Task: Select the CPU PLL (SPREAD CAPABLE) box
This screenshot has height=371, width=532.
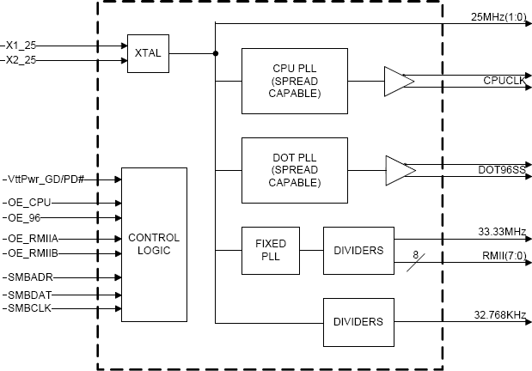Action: (x=295, y=82)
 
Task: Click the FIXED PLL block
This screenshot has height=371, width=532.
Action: (x=270, y=250)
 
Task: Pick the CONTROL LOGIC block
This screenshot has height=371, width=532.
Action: (x=154, y=245)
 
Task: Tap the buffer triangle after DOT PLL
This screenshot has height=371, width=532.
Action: (x=400, y=167)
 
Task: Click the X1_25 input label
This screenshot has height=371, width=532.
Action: (x=20, y=45)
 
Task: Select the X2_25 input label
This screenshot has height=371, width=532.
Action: (x=20, y=60)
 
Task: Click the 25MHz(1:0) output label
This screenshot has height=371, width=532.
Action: (x=501, y=16)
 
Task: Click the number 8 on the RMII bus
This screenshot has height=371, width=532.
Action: (x=415, y=253)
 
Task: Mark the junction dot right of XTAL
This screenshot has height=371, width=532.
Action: (x=215, y=53)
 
